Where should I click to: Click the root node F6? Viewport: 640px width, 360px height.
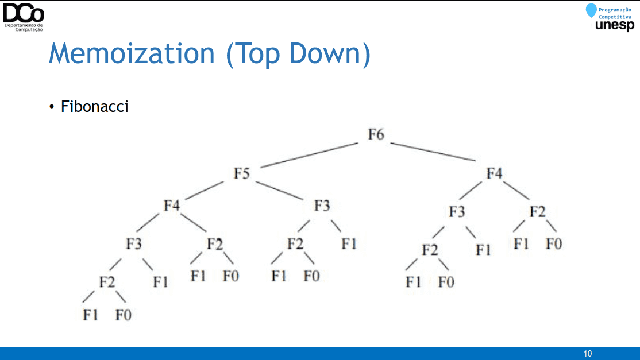pyautogui.click(x=376, y=134)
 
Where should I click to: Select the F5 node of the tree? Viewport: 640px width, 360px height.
pyautogui.click(x=241, y=173)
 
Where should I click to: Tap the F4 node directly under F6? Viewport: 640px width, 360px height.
pyautogui.click(x=494, y=173)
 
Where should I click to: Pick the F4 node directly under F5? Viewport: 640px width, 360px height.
pyautogui.click(x=171, y=206)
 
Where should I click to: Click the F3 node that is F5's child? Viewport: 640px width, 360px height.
pyautogui.click(x=322, y=206)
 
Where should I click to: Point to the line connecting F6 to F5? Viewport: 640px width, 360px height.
pyautogui.click(x=310, y=155)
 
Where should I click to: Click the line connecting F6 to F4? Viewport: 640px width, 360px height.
pyautogui.click(x=433, y=152)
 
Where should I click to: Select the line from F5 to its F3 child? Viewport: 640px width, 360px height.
pyautogui.click(x=280, y=191)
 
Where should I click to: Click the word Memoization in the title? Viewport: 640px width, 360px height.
pyautogui.click(x=132, y=53)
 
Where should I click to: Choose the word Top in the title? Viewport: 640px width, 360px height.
pyautogui.click(x=257, y=54)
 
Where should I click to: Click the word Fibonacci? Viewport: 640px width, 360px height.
pyautogui.click(x=95, y=106)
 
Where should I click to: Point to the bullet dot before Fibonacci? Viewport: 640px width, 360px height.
pyautogui.click(x=52, y=107)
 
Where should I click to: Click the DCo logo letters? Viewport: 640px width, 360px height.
pyautogui.click(x=23, y=13)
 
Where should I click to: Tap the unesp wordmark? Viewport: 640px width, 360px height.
pyautogui.click(x=615, y=25)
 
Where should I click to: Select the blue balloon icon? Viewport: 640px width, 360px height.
pyautogui.click(x=591, y=10)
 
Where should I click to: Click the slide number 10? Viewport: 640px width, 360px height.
pyautogui.click(x=588, y=354)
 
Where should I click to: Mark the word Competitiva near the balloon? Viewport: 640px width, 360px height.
pyautogui.click(x=615, y=17)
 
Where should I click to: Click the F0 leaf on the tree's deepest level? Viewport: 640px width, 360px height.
pyautogui.click(x=124, y=315)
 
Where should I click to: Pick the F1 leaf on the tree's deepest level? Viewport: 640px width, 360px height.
pyautogui.click(x=90, y=315)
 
